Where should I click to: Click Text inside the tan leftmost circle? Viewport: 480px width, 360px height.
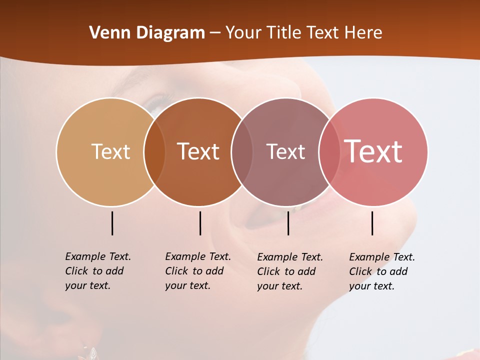[110, 151]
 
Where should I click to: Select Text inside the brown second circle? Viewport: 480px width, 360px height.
[198, 151]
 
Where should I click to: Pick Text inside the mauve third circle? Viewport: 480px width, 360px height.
[285, 151]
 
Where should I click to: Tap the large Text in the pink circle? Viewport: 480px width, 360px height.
[373, 151]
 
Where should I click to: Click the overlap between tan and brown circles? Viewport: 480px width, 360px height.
[154, 151]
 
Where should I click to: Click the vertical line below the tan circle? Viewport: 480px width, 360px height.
[112, 223]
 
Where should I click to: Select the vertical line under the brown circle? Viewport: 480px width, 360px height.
[200, 223]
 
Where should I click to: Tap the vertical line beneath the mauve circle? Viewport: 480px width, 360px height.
[288, 223]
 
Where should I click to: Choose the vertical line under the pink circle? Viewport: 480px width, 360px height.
[372, 223]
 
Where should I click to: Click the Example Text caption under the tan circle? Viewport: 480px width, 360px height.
[97, 271]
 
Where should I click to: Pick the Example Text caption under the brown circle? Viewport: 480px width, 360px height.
[197, 271]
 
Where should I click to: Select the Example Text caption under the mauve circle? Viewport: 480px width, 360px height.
[289, 271]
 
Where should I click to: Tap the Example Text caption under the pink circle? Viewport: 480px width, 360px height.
[381, 271]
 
